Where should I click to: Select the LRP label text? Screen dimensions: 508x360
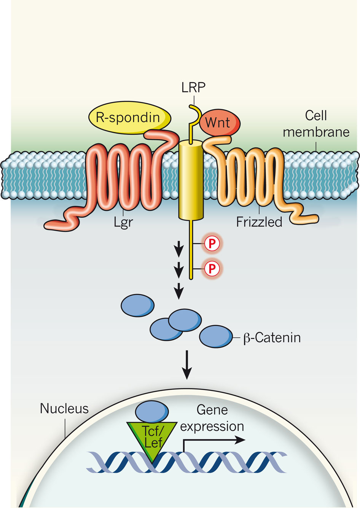pyautogui.click(x=193, y=88)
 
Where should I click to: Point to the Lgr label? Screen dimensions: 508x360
pyautogui.click(x=123, y=221)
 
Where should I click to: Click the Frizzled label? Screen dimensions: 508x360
pyautogui.click(x=259, y=222)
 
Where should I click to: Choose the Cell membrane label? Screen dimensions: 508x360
pyautogui.click(x=316, y=124)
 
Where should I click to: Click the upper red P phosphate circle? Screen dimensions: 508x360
pyautogui.click(x=212, y=244)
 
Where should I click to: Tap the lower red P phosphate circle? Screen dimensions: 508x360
pyautogui.click(x=212, y=269)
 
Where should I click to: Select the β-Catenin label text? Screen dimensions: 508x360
pyautogui.click(x=272, y=338)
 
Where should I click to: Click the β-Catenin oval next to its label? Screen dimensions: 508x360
pyautogui.click(x=216, y=336)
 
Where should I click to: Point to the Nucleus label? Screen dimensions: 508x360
pyautogui.click(x=64, y=409)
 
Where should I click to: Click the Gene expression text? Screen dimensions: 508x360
pyautogui.click(x=212, y=418)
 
